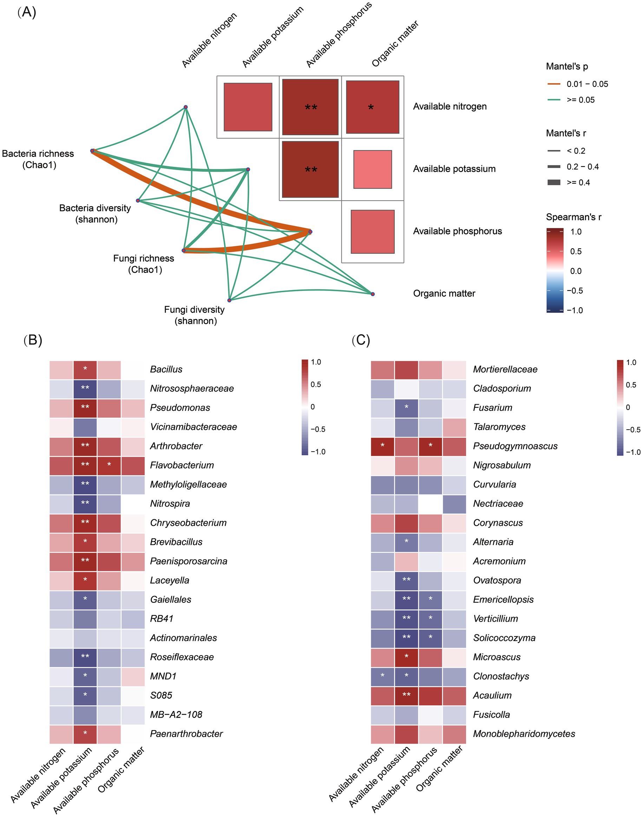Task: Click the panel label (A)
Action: point(26,12)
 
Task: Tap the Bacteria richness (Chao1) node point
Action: point(92,151)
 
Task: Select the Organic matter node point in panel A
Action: point(372,294)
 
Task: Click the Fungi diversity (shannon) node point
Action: point(229,300)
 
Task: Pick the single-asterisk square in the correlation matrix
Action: point(372,107)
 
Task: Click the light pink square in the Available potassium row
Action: point(372,169)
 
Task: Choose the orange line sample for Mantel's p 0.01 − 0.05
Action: point(554,84)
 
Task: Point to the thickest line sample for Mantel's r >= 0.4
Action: point(554,183)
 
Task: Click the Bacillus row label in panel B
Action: point(166,370)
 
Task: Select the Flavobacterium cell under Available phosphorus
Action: point(109,465)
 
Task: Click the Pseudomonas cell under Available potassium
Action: point(85,407)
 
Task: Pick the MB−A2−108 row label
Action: point(176,714)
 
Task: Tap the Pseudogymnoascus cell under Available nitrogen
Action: point(382,446)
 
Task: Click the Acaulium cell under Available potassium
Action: point(406,695)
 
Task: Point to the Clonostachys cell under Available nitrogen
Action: point(382,676)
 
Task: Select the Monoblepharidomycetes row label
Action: point(524,734)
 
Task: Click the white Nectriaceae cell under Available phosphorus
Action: point(430,503)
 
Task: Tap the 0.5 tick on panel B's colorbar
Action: point(315,384)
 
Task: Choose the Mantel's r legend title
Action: point(566,133)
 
